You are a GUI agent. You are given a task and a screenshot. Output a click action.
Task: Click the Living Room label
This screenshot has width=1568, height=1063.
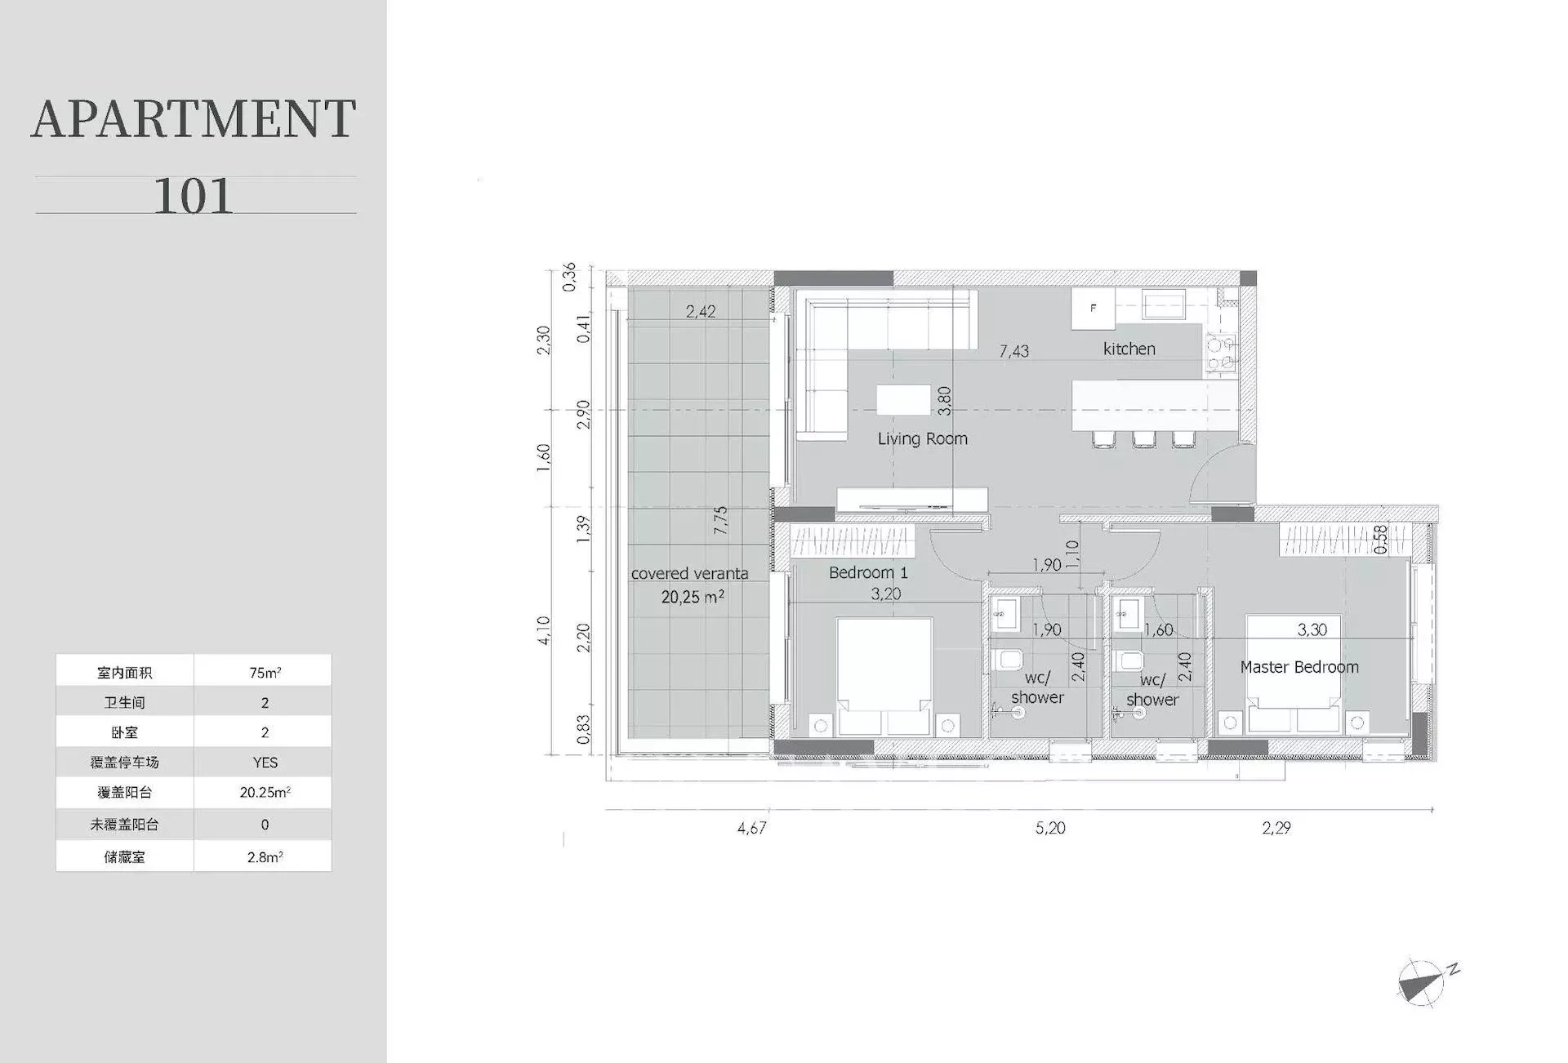[x=922, y=439]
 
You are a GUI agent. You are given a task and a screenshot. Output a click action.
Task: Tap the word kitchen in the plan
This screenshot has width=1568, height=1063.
[x=1129, y=349]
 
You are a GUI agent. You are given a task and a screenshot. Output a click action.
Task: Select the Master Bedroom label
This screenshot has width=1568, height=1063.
[x=1298, y=667]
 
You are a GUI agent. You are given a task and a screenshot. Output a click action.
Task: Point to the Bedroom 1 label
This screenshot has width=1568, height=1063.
[x=867, y=573]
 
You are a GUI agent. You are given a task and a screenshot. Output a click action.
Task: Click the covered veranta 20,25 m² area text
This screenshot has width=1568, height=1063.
[x=691, y=585]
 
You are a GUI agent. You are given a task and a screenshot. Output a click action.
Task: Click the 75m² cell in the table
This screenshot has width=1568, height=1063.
[x=265, y=673]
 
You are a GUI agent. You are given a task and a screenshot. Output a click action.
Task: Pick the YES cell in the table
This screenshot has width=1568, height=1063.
[x=265, y=763]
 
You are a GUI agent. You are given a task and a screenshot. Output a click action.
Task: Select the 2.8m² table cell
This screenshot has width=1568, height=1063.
[x=265, y=857]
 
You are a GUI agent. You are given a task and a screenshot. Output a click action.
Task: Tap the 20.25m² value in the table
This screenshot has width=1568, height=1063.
[x=265, y=792]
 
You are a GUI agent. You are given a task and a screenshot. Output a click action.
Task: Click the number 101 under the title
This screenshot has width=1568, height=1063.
[x=194, y=196]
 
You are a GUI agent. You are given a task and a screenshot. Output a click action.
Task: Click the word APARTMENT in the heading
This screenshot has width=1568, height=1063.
[x=194, y=119]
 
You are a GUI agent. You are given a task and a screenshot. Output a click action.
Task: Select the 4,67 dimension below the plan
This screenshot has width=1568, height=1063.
[x=751, y=828]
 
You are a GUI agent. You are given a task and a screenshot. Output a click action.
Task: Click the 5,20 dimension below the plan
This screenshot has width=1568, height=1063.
[x=1050, y=828]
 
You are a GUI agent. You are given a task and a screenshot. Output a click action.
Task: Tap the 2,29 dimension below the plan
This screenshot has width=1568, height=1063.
[x=1276, y=828]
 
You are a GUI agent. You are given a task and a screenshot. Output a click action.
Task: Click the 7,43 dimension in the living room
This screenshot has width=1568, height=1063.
[x=1013, y=351]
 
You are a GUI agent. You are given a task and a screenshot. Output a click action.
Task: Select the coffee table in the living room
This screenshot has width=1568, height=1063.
[x=903, y=400]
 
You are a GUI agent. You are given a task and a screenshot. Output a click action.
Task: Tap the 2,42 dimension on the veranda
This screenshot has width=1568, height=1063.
[x=701, y=311]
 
